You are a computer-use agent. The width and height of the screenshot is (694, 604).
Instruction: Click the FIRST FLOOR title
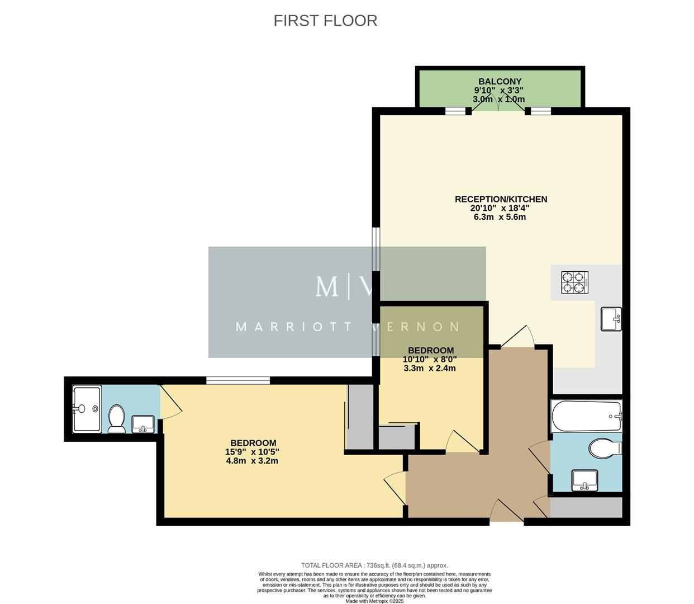pyautogui.click(x=325, y=21)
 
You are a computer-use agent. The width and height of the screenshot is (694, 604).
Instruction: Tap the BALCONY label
pyautogui.click(x=500, y=82)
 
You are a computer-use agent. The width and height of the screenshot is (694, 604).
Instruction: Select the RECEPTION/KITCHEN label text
pyautogui.click(x=501, y=199)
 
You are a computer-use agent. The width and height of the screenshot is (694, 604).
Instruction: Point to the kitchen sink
pyautogui.click(x=611, y=319)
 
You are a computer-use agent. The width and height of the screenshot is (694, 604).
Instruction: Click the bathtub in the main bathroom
pyautogui.click(x=586, y=417)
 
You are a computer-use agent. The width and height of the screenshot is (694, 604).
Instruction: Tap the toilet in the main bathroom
pyautogui.click(x=605, y=448)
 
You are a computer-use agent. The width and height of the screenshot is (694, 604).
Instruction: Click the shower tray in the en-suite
pyautogui.click(x=87, y=409)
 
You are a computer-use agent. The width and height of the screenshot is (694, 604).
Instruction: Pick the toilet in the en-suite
pyautogui.click(x=117, y=419)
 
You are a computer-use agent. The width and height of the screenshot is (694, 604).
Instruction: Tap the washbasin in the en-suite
pyautogui.click(x=144, y=424)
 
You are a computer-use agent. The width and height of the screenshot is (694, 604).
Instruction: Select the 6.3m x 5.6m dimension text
pyautogui.click(x=500, y=217)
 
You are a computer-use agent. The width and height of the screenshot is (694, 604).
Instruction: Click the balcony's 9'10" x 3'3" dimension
pyautogui.click(x=498, y=91)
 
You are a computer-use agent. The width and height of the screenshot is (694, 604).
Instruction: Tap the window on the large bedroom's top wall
pyautogui.click(x=238, y=380)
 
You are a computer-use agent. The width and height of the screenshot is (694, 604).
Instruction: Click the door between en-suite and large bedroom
pyautogui.click(x=170, y=402)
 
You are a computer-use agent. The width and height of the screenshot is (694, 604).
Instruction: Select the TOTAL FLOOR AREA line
pyautogui.click(x=374, y=565)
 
